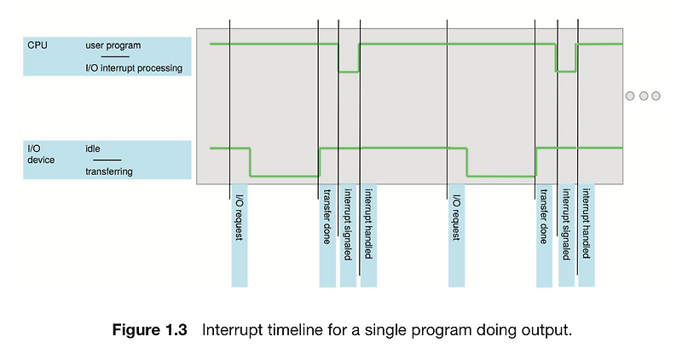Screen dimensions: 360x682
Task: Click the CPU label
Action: [x=38, y=44]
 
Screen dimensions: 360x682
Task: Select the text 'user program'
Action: [x=114, y=44]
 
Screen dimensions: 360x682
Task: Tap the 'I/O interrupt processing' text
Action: [x=134, y=68]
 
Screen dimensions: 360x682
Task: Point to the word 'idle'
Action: [x=94, y=148]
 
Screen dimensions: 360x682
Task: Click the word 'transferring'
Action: [x=109, y=172]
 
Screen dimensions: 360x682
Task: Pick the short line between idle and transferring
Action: [x=107, y=160]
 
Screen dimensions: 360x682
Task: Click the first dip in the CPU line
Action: [x=349, y=72]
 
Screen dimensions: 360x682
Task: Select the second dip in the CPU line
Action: [x=566, y=72]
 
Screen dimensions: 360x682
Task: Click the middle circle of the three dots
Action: [x=644, y=96]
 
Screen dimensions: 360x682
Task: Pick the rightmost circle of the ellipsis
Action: [x=656, y=96]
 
